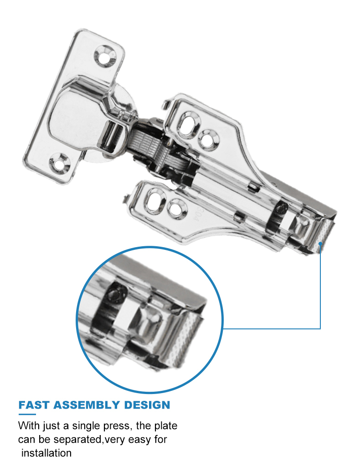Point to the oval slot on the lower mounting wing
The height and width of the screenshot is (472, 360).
point(157,200)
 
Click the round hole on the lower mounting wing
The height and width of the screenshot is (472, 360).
point(177,208)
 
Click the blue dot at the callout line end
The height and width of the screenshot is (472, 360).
point(321,244)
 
